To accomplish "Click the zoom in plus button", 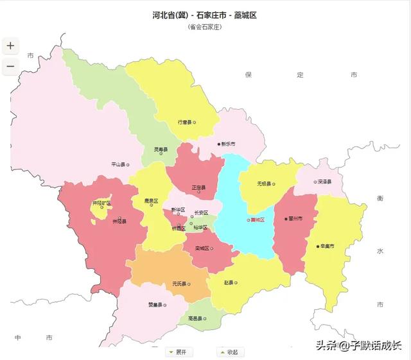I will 10,46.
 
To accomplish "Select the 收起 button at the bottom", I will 228,352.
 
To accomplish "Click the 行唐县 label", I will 186,121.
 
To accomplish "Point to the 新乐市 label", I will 228,144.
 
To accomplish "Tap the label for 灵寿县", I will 161,150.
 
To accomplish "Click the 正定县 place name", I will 198,187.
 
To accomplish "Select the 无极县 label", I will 265,183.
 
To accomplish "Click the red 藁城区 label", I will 257,219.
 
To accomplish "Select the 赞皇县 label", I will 155,305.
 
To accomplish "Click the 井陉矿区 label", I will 101,203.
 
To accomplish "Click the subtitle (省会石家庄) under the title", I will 205,27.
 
